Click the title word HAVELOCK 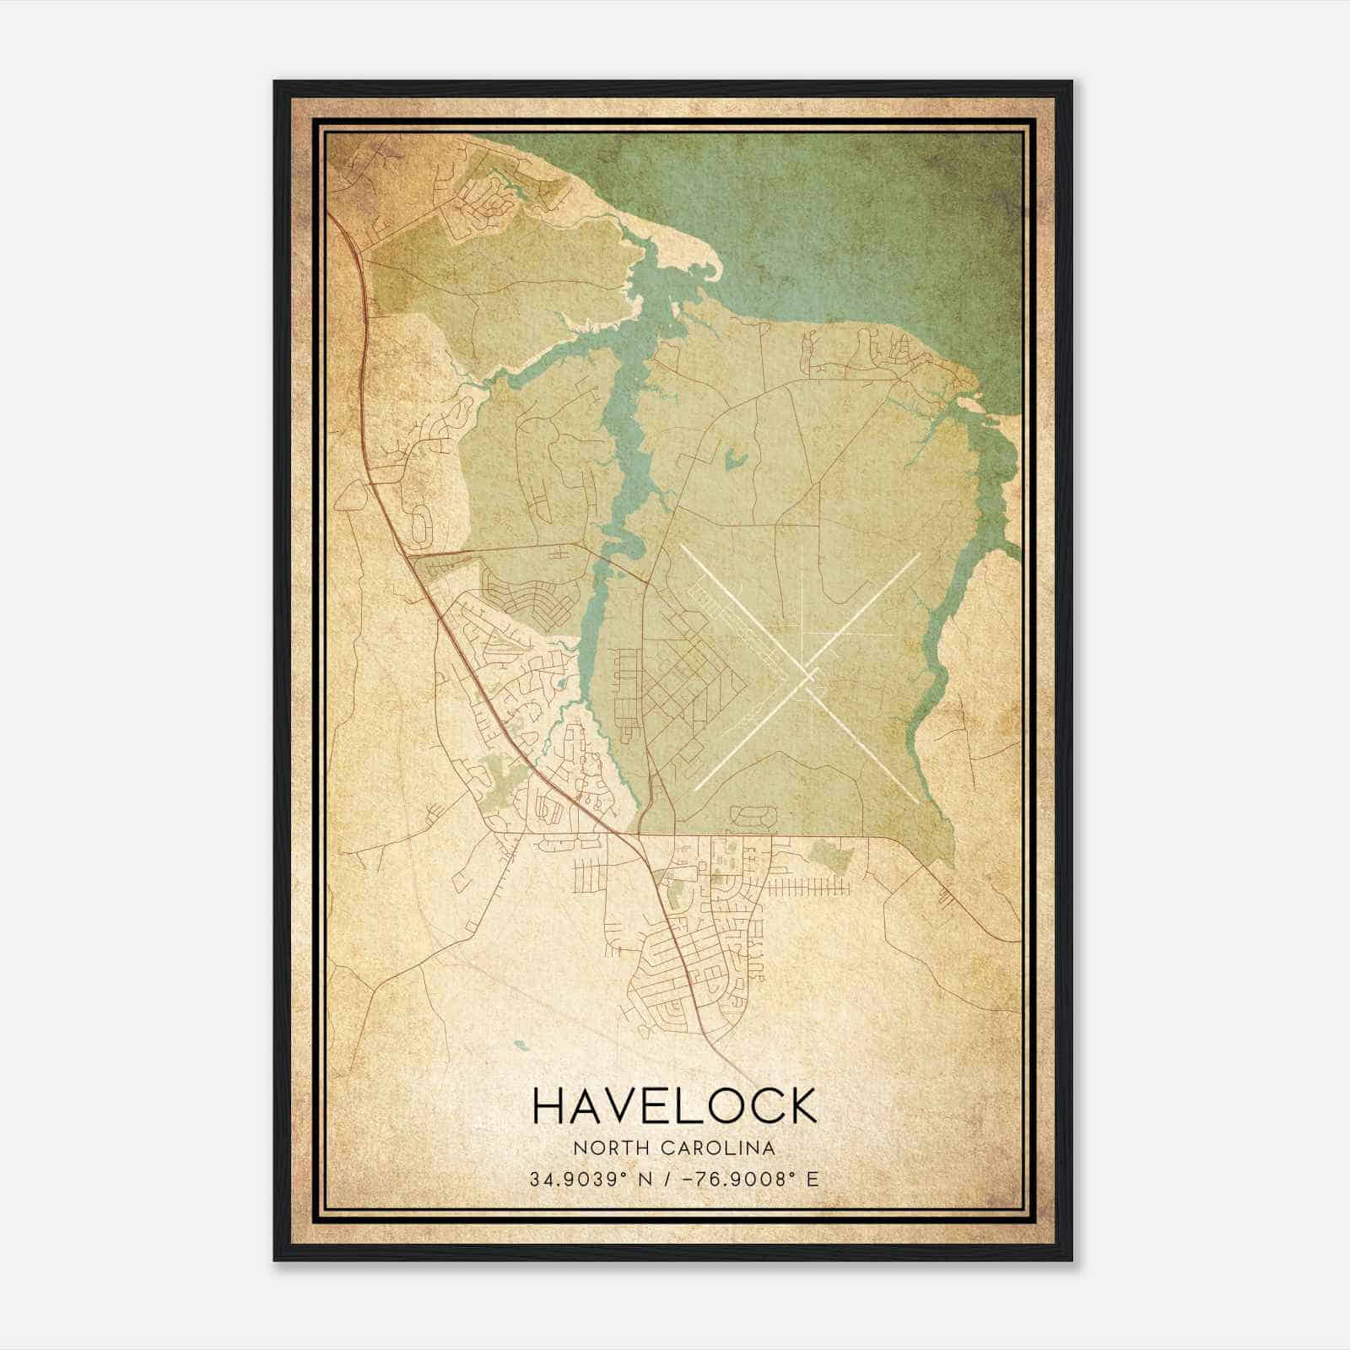[x=674, y=1105]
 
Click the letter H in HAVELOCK [x=549, y=1105]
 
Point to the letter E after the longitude [x=813, y=1179]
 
